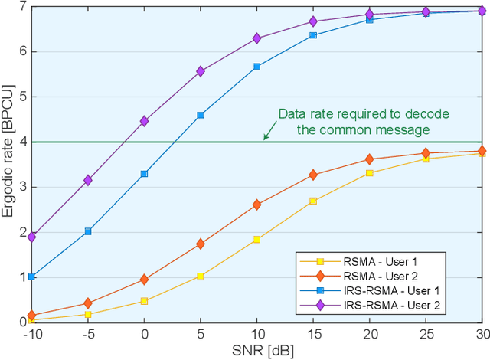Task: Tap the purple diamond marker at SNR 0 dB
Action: click(144, 121)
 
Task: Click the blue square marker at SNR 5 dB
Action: click(201, 115)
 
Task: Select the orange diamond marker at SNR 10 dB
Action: click(256, 205)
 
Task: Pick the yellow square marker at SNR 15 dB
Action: click(313, 201)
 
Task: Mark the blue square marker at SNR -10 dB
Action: click(31, 277)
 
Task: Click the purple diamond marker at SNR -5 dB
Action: click(88, 180)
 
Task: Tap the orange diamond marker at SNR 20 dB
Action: click(369, 159)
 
